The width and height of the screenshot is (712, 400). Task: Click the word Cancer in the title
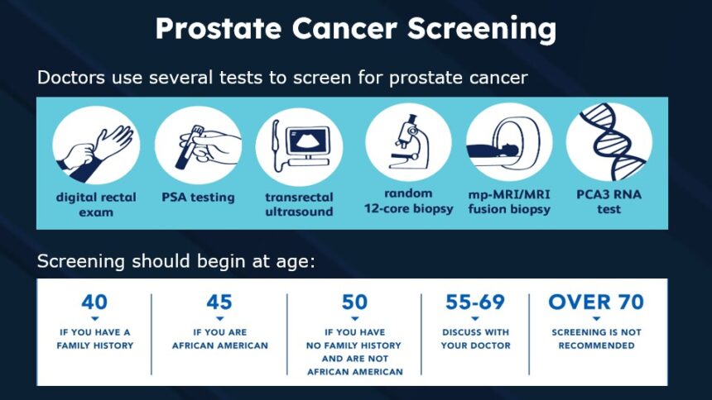[344, 29]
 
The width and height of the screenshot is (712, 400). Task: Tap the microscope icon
[408, 141]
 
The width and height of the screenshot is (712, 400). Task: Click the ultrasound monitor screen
[308, 140]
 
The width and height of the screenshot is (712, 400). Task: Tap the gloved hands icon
[94, 152]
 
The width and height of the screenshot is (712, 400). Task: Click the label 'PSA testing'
[198, 198]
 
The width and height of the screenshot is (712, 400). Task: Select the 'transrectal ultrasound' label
[299, 204]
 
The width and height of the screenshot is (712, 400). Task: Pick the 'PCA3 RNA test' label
[609, 202]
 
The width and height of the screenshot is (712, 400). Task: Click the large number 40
[94, 302]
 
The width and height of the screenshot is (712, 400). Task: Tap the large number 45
[219, 302]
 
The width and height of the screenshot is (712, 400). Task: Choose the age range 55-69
[475, 302]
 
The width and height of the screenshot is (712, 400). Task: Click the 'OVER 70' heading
[596, 302]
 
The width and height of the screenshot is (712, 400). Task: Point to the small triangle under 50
[355, 318]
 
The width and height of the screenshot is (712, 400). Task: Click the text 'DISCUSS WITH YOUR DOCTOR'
[475, 339]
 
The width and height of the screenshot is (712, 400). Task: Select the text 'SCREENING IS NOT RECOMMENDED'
[596, 339]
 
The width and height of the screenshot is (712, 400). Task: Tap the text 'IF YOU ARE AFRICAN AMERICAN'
[219, 339]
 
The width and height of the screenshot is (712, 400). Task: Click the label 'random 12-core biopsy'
[409, 201]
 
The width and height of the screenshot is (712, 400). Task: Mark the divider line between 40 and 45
[152, 334]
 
